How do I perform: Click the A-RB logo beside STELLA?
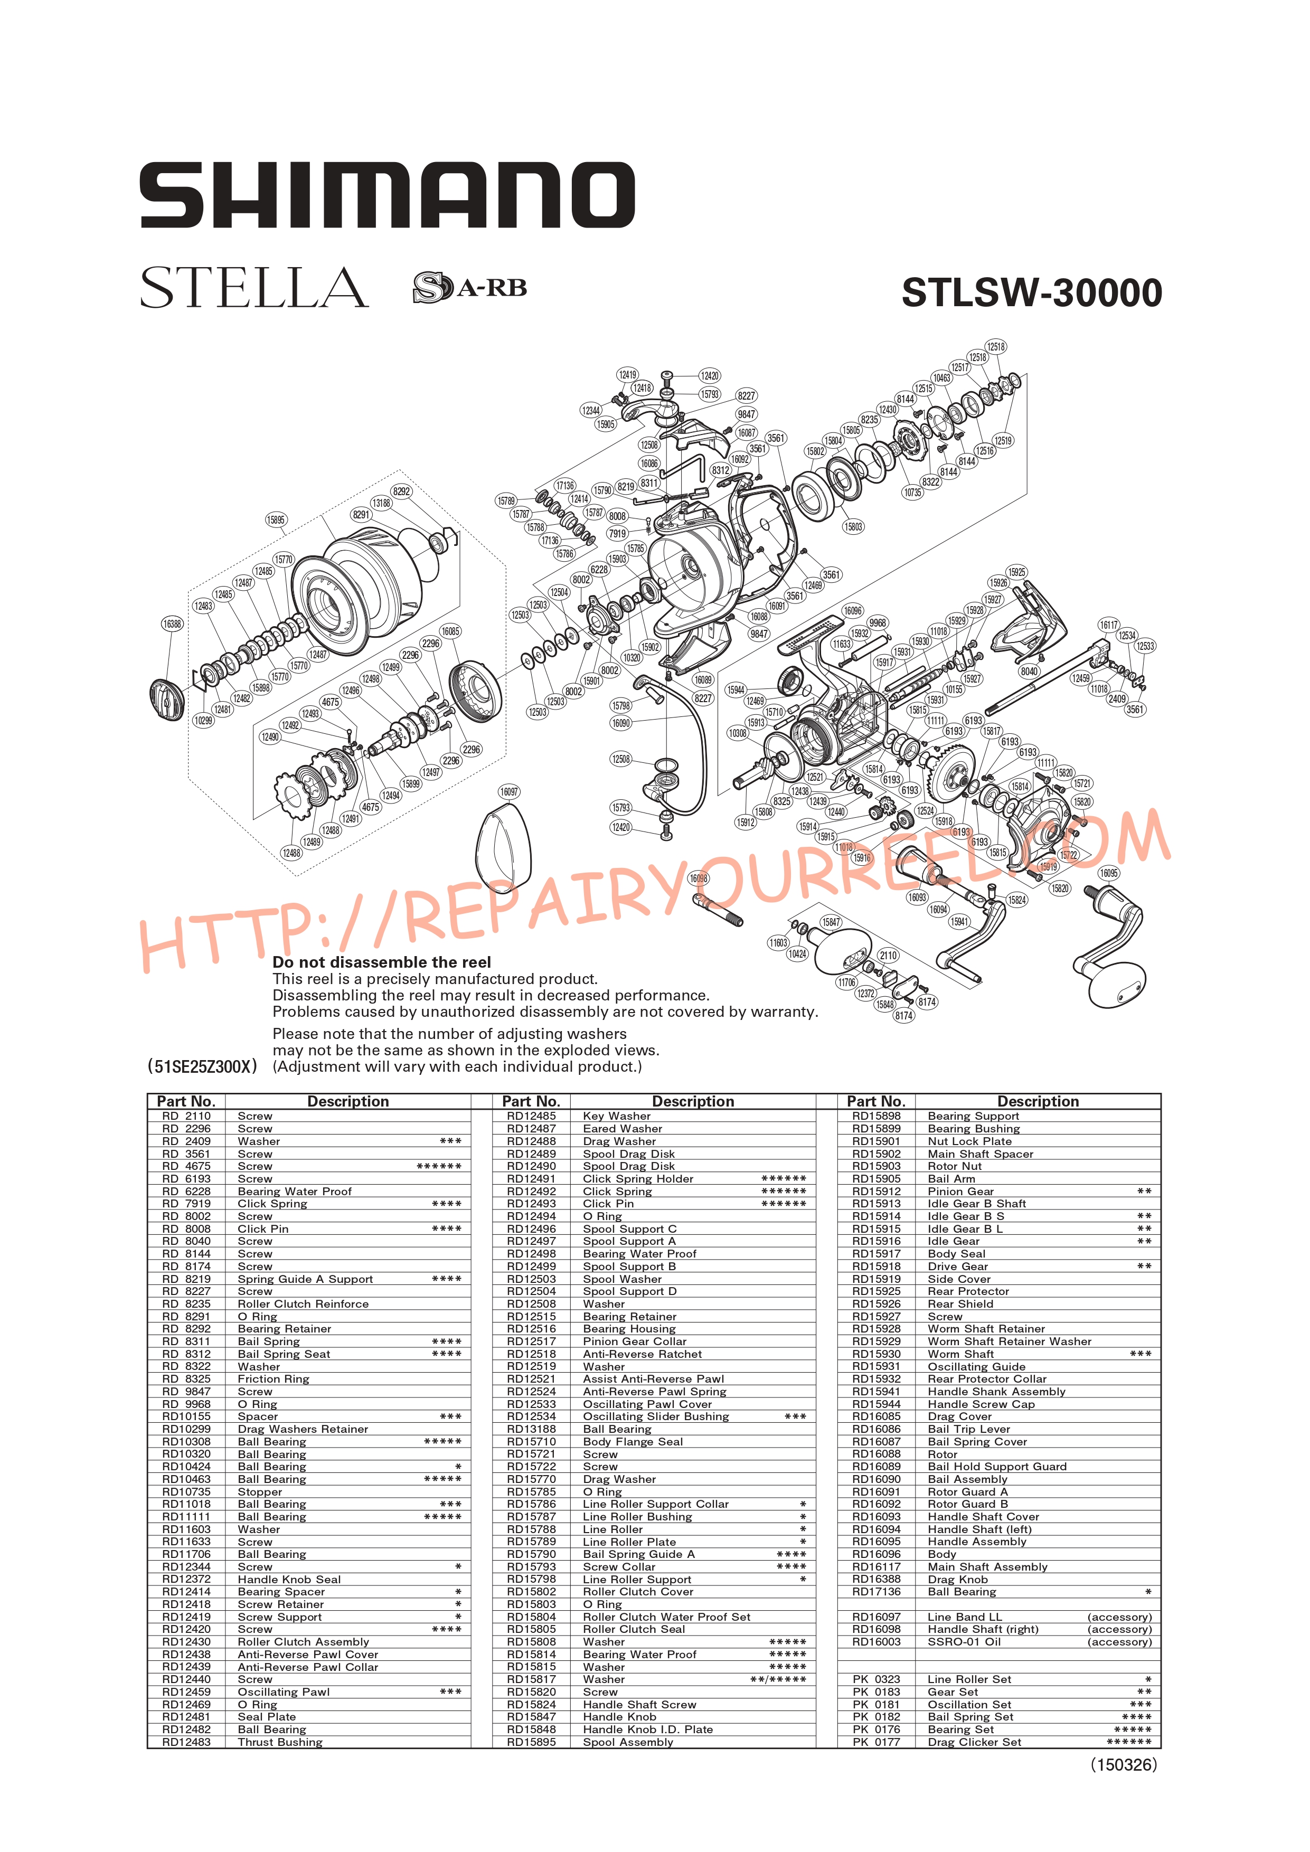point(469,287)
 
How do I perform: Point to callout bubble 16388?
point(172,623)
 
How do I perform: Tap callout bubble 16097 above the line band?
point(509,791)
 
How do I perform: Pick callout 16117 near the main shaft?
point(1109,625)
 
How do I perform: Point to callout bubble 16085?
point(450,631)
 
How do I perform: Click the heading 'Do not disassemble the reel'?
point(382,962)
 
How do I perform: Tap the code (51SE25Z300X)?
point(202,1066)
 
